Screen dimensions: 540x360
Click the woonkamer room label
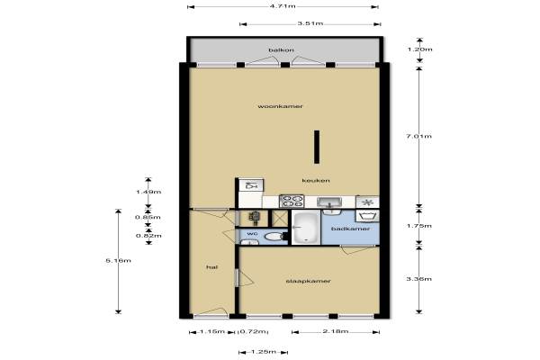[x=280, y=106]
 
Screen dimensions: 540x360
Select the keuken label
[x=316, y=181]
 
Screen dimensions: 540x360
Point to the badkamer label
[x=350, y=229]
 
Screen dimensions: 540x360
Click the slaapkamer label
[x=308, y=281]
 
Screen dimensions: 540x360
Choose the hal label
[x=211, y=267]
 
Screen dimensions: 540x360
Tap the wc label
[x=252, y=234]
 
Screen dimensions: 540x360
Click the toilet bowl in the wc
[x=274, y=237]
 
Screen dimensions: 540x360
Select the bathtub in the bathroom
[x=306, y=228]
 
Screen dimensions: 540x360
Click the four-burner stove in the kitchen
[x=292, y=202]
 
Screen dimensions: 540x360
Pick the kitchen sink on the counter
[x=329, y=202]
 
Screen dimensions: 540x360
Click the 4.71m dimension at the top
[x=283, y=6]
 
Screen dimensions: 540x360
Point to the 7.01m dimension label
[x=418, y=137]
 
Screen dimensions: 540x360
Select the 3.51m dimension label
[x=310, y=23]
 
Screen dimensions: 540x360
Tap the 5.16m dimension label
[x=118, y=261]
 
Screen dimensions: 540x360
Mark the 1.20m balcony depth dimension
[x=419, y=49]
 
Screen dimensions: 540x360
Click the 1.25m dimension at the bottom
[x=263, y=352]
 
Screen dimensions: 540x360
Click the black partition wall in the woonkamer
[x=317, y=147]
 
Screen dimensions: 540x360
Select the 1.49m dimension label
[x=148, y=192]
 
